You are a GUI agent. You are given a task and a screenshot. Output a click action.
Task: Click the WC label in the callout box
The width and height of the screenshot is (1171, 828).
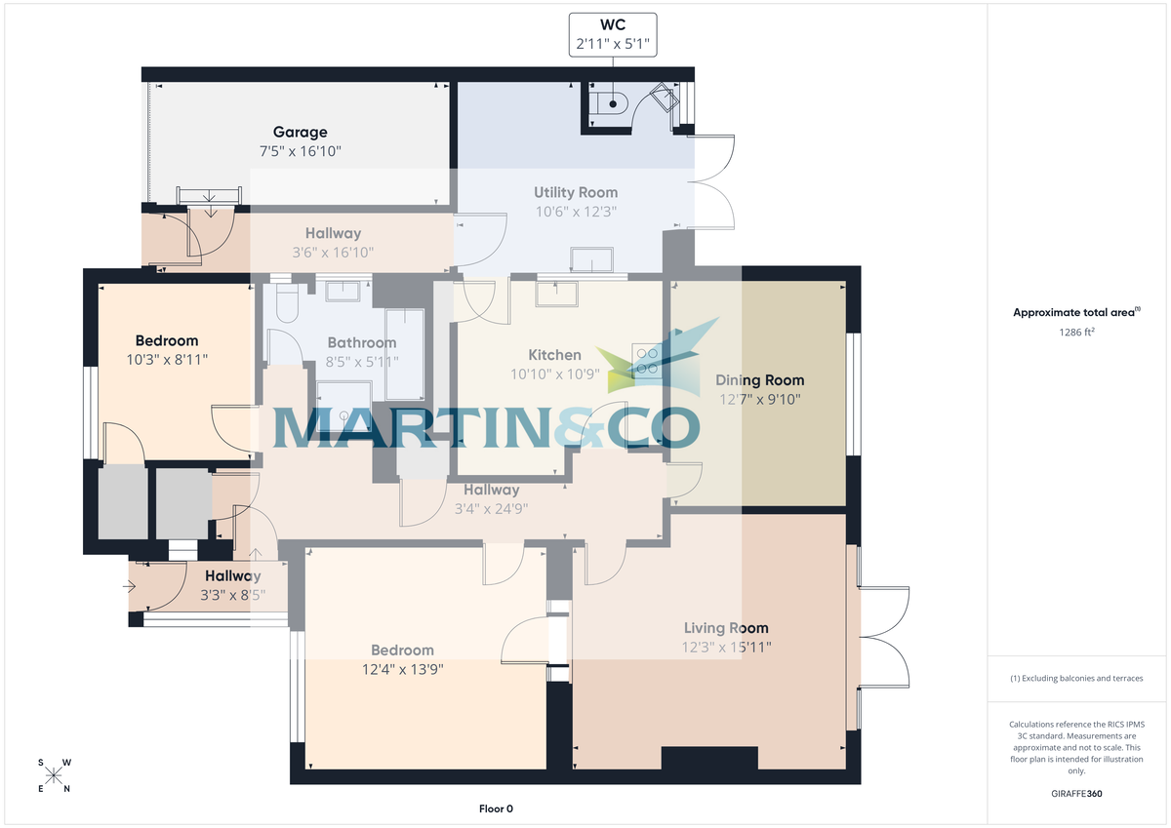612,24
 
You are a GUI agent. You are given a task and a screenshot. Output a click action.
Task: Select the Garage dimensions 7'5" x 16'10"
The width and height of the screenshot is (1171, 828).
300,151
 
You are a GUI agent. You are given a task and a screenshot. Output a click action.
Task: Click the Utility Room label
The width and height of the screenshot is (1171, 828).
575,192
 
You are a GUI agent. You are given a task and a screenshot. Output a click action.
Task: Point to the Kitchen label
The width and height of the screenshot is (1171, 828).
554,355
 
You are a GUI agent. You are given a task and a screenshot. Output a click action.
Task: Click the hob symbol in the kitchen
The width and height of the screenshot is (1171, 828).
646,360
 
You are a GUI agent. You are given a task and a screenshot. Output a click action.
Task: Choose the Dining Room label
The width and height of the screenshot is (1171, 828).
759,380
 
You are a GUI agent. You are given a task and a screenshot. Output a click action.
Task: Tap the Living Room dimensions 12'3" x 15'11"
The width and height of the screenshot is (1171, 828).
725,647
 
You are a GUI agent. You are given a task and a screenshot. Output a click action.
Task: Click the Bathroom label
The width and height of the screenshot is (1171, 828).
361,342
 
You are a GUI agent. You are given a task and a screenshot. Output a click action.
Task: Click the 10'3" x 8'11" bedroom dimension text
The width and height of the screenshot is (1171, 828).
167,359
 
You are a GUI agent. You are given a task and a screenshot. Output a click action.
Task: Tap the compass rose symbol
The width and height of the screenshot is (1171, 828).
54,775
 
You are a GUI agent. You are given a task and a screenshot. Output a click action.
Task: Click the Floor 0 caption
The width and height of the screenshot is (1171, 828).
496,808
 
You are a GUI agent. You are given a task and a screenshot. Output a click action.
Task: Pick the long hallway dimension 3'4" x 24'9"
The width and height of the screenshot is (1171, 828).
491,508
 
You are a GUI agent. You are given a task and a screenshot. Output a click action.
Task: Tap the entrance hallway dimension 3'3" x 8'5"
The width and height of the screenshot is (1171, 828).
232,595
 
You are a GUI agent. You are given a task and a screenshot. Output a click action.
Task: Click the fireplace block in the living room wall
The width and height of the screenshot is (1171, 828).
709,759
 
